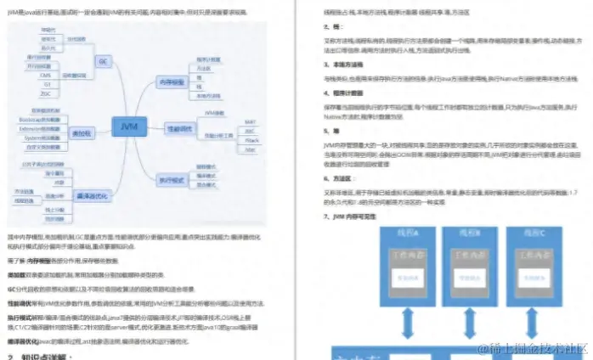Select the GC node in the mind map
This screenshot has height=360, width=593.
[x=102, y=63]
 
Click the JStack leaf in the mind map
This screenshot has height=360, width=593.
[x=250, y=140]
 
